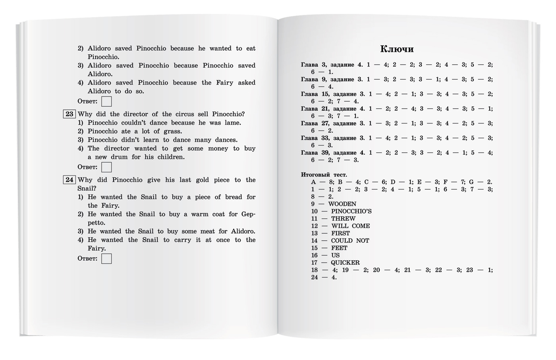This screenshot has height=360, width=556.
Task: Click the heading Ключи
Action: [397, 49]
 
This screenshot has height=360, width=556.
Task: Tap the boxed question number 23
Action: [69, 114]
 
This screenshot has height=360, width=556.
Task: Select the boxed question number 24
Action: [69, 180]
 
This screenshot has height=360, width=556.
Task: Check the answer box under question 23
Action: [106, 167]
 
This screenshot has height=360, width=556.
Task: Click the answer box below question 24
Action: [106, 259]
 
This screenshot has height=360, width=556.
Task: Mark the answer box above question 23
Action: [106, 102]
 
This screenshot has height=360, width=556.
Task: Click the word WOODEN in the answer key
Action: [342, 204]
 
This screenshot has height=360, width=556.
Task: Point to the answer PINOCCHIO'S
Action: [351, 211]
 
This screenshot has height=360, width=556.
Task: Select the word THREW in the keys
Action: [343, 219]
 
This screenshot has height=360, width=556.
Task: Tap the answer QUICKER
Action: [345, 263]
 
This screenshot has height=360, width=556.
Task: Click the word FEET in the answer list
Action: [339, 248]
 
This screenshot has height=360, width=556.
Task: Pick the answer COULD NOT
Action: [350, 241]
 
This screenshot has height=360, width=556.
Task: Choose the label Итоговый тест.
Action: [324, 175]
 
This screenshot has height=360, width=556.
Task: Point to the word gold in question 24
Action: [202, 180]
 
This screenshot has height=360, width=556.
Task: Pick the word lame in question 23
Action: [232, 123]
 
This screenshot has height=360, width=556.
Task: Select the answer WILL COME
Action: [350, 226]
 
